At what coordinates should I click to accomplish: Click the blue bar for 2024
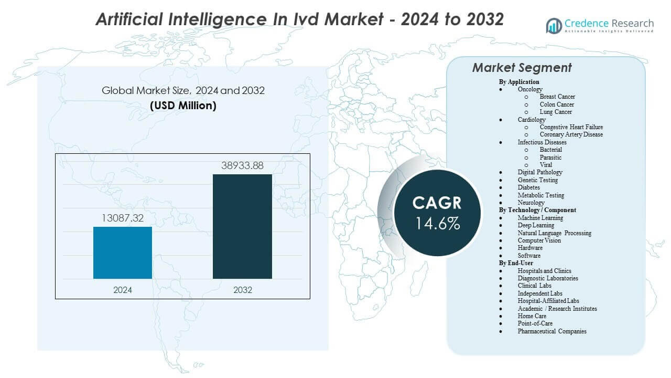pyautogui.click(x=123, y=253)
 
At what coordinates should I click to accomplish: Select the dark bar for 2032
pyautogui.click(x=242, y=226)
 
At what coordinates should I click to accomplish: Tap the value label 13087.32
pyautogui.click(x=123, y=218)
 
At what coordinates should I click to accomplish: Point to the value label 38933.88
pyautogui.click(x=242, y=166)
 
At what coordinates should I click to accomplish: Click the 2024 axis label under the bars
pyautogui.click(x=123, y=290)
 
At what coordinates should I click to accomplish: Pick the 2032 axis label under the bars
pyautogui.click(x=242, y=290)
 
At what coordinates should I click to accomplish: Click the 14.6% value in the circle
pyautogui.click(x=438, y=223)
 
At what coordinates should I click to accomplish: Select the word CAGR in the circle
pyautogui.click(x=438, y=203)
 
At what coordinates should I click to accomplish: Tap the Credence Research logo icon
pyautogui.click(x=554, y=25)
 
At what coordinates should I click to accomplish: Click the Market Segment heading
pyautogui.click(x=522, y=68)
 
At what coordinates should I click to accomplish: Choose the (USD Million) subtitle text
pyautogui.click(x=183, y=106)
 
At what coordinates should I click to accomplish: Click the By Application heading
pyautogui.click(x=519, y=82)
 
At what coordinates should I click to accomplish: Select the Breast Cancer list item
pyautogui.click(x=557, y=97)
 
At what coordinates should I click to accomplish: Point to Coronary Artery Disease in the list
pyautogui.click(x=571, y=134)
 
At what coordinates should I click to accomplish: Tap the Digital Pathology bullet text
pyautogui.click(x=540, y=172)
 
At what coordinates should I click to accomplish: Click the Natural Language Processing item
pyautogui.click(x=554, y=233)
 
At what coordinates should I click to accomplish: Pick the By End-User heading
pyautogui.click(x=516, y=263)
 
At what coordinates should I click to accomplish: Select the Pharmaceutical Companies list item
pyautogui.click(x=552, y=331)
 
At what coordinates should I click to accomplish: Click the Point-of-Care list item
pyautogui.click(x=535, y=323)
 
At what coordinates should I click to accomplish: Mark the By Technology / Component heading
pyautogui.click(x=537, y=210)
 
